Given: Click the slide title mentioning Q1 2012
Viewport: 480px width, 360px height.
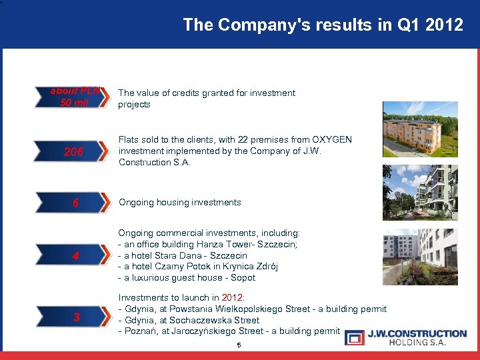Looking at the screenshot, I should point(323,25).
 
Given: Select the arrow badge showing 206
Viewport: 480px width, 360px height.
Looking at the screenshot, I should point(75,152).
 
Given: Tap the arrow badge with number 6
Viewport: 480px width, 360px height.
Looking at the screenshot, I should point(75,203).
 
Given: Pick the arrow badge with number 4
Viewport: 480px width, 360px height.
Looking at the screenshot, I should point(75,255).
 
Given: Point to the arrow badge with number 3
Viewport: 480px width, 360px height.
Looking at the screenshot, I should point(75,317).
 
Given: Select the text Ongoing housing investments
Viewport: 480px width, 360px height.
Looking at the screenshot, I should point(179,202).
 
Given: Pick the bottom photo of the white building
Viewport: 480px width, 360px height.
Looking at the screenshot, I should point(420,257).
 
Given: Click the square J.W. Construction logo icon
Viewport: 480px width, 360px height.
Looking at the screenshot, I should point(355,337).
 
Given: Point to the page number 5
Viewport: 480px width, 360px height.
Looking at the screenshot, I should point(239,345).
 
